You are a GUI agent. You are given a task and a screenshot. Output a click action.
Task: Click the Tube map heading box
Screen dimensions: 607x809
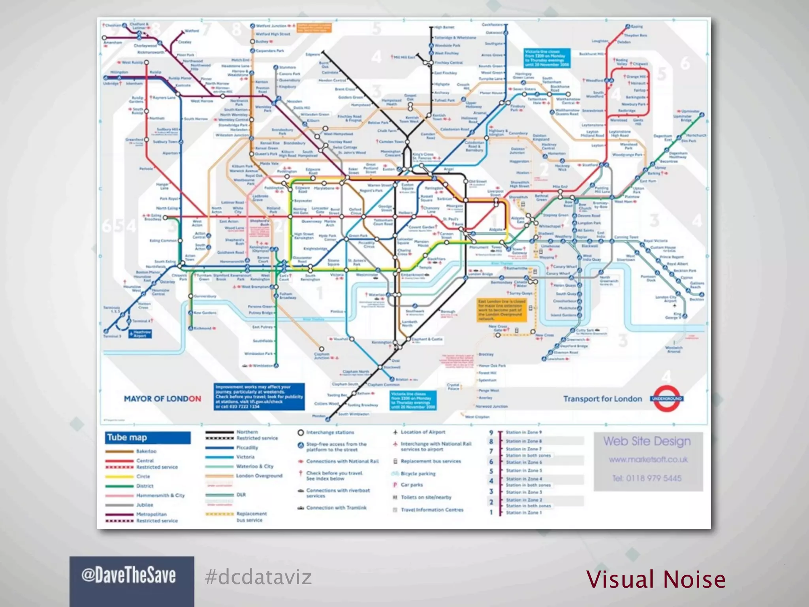148,437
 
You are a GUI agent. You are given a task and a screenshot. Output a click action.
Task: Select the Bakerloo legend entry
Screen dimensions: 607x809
146,451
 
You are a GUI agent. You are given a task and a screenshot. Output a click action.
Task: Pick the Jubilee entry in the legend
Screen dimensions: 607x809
145,505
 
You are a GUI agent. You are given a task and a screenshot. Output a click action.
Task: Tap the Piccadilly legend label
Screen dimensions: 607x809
247,448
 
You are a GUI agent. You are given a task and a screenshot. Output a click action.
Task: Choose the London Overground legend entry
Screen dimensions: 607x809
259,476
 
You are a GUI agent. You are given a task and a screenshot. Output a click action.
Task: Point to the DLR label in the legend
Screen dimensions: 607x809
241,495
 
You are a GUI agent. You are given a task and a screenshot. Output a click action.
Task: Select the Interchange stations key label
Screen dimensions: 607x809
330,433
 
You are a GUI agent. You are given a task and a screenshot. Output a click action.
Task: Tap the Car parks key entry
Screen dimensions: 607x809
412,485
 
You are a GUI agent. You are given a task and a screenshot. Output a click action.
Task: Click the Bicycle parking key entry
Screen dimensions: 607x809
418,473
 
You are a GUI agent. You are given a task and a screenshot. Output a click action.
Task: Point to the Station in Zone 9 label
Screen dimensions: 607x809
524,432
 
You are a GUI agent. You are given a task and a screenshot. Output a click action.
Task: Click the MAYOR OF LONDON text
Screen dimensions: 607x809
162,399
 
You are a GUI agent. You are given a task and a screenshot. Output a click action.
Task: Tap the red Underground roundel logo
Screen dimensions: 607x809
667,398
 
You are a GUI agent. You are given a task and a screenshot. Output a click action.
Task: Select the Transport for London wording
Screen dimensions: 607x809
602,399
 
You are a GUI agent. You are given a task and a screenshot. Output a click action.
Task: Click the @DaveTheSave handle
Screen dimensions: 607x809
129,576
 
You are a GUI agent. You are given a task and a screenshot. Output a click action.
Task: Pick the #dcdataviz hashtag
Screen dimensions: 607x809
258,577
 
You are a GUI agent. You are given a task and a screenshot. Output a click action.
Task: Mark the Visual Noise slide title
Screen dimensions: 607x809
656,579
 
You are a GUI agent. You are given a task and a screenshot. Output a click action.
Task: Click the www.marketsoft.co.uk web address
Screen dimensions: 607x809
648,460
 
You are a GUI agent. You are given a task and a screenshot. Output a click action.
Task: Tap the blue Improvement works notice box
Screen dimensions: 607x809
259,396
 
